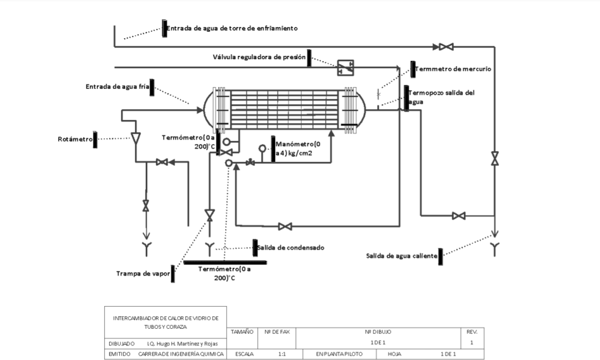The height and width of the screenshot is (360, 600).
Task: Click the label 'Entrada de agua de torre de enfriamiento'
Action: [x=232, y=28]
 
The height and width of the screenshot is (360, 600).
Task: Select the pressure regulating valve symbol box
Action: [x=345, y=68]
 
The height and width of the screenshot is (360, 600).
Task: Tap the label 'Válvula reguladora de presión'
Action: [x=259, y=57]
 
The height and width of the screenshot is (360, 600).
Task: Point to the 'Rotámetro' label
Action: [x=75, y=139]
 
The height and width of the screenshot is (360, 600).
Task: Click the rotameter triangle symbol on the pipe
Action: [x=136, y=138]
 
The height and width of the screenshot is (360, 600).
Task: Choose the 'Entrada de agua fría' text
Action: [x=117, y=87]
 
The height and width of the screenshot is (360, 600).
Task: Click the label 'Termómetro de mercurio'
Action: [x=453, y=69]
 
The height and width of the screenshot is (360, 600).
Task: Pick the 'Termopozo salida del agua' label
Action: [x=441, y=97]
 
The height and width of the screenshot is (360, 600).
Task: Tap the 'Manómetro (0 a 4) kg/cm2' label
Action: [x=298, y=149]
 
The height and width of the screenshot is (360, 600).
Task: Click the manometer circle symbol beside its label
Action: [x=263, y=148]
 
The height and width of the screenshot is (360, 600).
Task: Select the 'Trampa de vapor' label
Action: [x=143, y=273]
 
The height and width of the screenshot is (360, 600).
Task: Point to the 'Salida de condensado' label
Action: [x=291, y=248]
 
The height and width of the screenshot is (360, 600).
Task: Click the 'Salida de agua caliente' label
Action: [x=402, y=256]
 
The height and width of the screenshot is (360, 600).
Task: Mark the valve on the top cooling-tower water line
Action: [x=446, y=47]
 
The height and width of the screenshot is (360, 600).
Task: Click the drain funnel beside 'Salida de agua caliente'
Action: [x=495, y=249]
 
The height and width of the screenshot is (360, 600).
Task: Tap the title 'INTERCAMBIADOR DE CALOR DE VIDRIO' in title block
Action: [x=165, y=318]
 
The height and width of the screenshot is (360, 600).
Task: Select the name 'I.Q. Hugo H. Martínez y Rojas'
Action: [x=182, y=343]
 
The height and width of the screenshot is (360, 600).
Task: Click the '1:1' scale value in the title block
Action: [x=282, y=354]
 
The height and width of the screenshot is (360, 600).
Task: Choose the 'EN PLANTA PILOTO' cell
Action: [x=339, y=354]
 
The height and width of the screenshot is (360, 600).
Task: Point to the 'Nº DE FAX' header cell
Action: [x=277, y=332]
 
